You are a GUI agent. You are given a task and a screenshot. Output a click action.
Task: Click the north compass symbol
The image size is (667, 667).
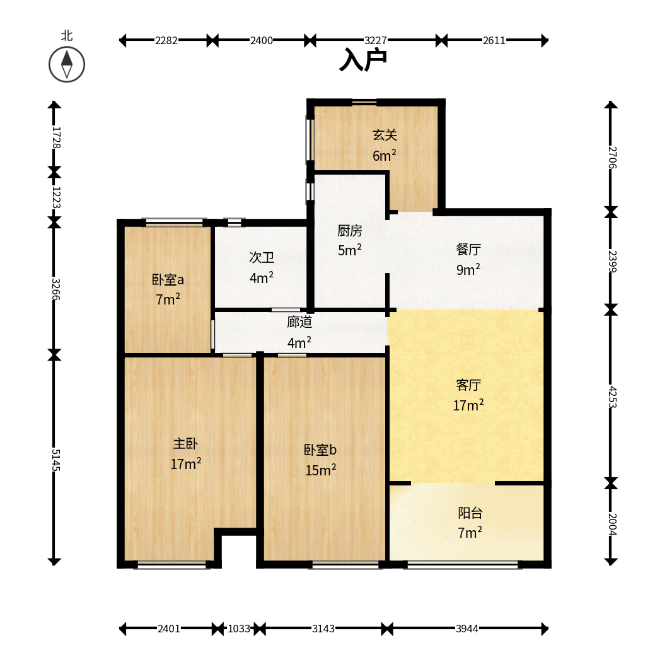click(x=67, y=64)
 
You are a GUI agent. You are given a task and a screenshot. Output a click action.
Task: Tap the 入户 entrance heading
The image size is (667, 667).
click(x=363, y=59)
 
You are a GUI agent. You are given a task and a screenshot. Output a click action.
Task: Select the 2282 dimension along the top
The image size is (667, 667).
click(x=166, y=40)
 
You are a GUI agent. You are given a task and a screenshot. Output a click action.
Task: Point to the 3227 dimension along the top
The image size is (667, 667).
click(x=376, y=40)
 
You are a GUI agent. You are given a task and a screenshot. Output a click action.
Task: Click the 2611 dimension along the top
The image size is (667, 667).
click(x=494, y=40)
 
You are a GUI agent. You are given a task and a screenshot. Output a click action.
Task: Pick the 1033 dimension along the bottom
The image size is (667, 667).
click(x=239, y=629)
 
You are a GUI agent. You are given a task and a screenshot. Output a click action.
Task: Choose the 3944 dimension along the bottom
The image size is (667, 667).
click(x=467, y=629)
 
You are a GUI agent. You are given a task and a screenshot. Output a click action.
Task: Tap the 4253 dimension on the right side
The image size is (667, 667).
click(x=612, y=397)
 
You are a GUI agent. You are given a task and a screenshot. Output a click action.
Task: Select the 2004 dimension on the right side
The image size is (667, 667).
click(x=612, y=525)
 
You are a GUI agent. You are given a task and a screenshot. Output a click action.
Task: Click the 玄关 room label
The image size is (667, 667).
click(x=385, y=135)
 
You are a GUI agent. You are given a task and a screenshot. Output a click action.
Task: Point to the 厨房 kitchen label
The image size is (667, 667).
click(x=350, y=231)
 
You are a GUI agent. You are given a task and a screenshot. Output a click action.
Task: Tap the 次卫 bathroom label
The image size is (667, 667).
click(x=262, y=257)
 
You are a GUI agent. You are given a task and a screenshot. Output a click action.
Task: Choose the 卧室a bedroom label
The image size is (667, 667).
click(x=168, y=279)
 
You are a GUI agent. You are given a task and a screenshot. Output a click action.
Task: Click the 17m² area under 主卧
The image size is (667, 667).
click(x=186, y=463)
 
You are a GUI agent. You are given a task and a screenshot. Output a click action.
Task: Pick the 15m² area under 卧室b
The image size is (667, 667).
click(x=321, y=470)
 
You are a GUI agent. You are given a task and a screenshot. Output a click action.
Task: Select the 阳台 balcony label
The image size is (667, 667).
click(x=470, y=513)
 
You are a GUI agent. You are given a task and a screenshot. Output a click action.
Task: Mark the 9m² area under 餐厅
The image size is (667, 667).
click(x=468, y=269)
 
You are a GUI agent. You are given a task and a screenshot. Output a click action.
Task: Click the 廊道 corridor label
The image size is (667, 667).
click(x=299, y=322)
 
